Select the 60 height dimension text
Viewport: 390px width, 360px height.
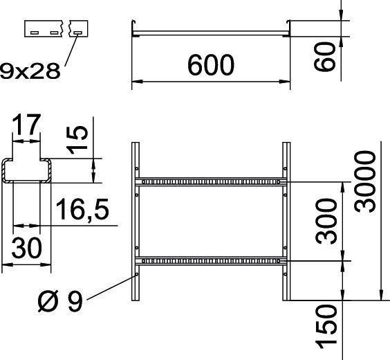[329, 55]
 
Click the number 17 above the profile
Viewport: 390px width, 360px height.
[28, 127]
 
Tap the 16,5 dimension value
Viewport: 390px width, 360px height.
[82, 209]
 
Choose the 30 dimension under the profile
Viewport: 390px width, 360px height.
[27, 247]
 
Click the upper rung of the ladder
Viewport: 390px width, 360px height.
[211, 182]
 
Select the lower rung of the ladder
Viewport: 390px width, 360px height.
[211, 262]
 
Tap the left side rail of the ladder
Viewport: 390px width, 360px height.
[135, 222]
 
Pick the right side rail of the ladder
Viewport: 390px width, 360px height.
[286, 222]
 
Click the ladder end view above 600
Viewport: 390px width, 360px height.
[211, 31]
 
